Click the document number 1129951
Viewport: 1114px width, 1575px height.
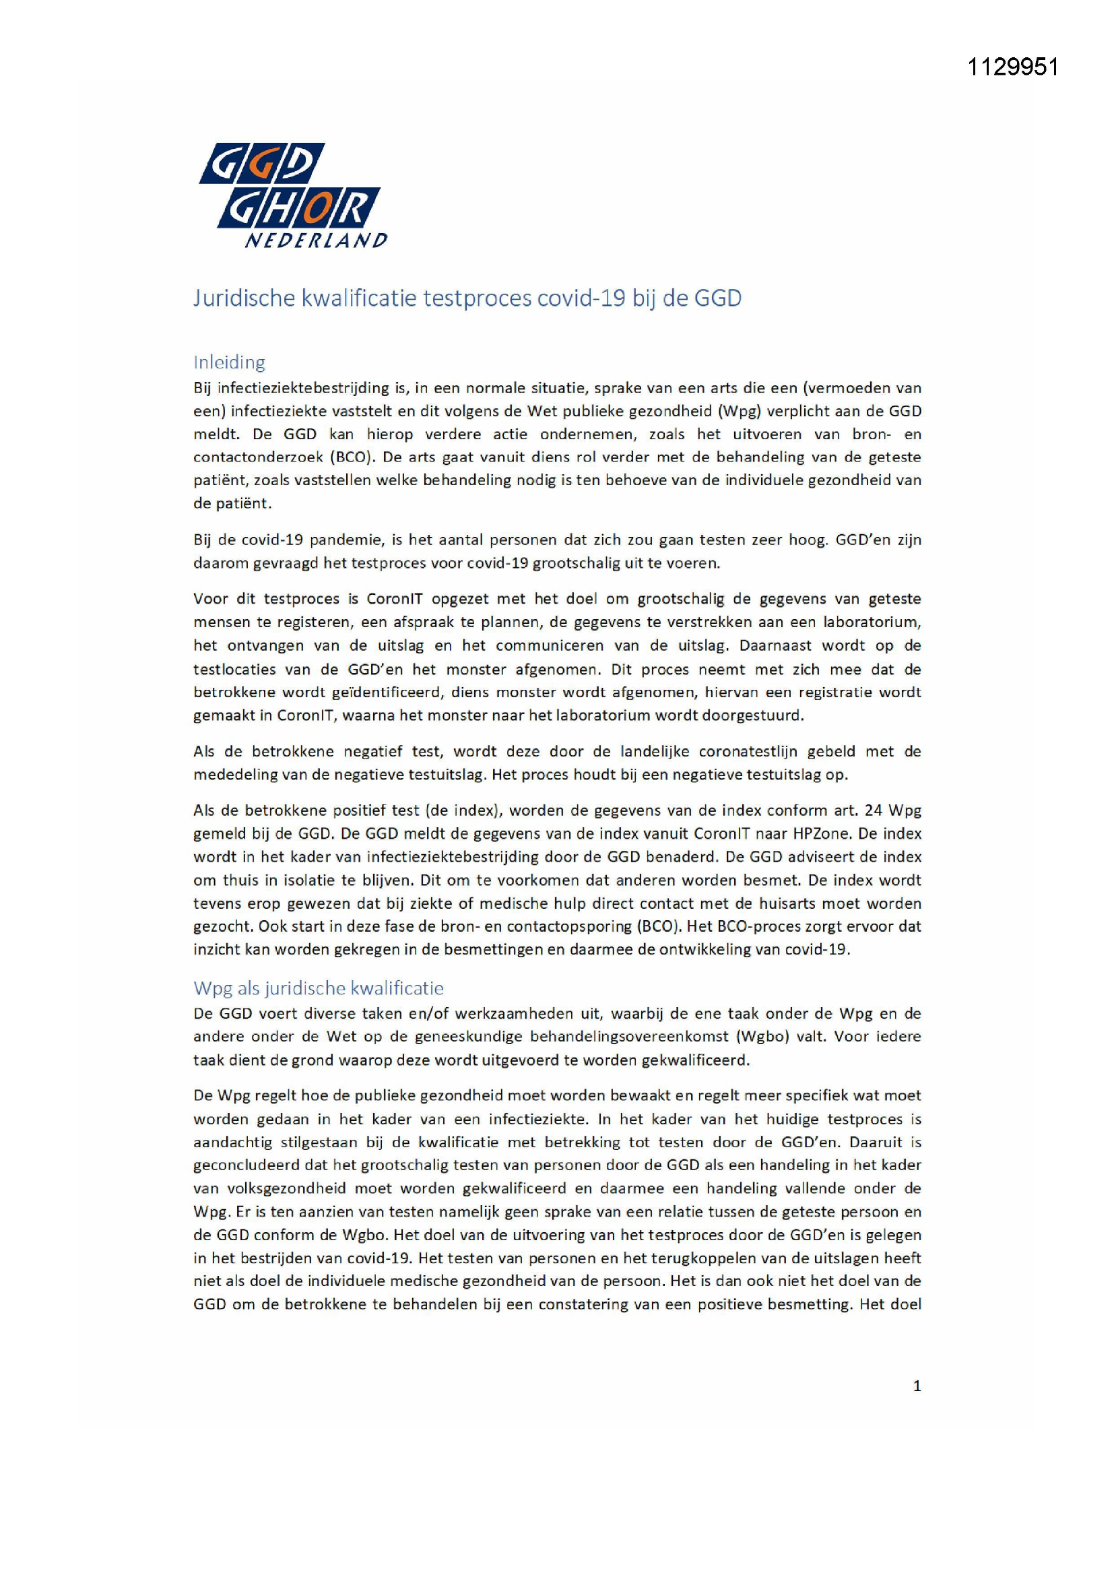1013,67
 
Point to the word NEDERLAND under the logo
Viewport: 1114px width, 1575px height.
317,240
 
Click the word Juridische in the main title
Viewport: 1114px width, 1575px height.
244,299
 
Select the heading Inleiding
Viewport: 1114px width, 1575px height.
229,362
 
